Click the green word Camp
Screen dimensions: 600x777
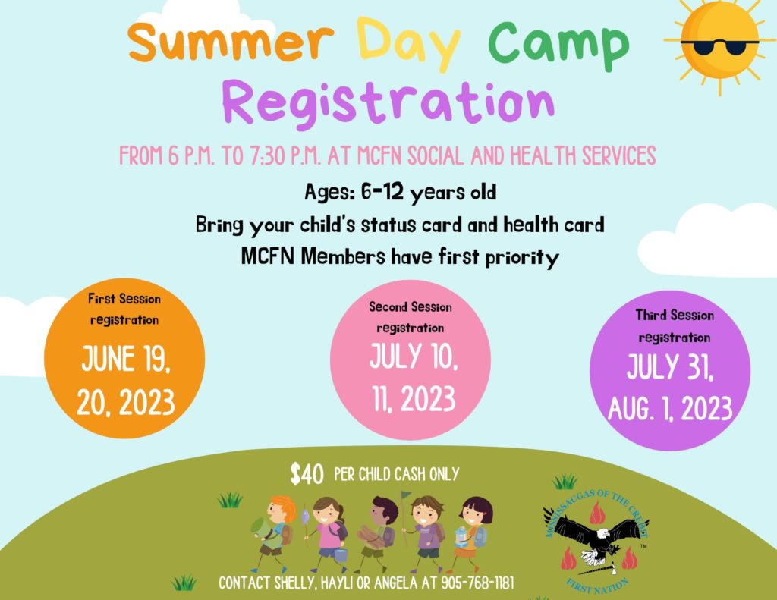[558, 43]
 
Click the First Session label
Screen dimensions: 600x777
[124, 299]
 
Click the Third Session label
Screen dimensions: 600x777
[675, 315]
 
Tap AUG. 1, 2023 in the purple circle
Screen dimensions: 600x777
[670, 410]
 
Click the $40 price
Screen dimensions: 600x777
[307, 474]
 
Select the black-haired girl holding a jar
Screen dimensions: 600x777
[473, 527]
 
